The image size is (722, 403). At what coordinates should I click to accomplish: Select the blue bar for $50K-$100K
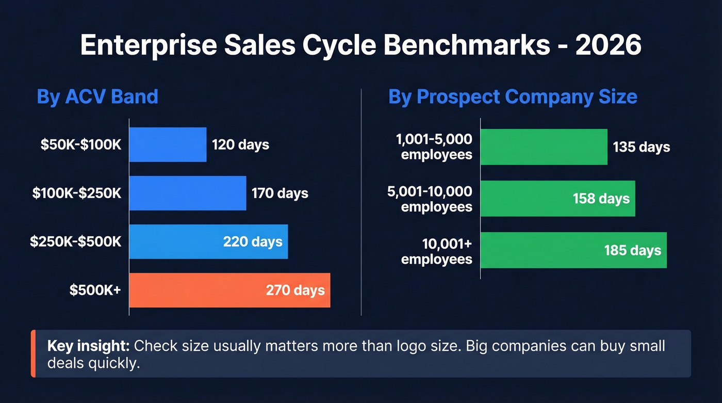tap(168, 144)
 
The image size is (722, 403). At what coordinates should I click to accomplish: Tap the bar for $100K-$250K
tap(187, 193)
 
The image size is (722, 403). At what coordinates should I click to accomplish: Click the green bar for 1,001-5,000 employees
tap(544, 147)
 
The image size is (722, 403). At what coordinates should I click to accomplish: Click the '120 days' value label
tap(240, 144)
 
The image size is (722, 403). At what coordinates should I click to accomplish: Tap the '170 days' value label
tap(280, 194)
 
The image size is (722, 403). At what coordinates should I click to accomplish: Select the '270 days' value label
tap(295, 290)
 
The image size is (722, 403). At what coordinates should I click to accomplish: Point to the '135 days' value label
tap(641, 147)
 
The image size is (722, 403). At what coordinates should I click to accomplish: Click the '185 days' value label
tap(632, 251)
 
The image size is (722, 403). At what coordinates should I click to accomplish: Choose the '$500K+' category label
tap(95, 290)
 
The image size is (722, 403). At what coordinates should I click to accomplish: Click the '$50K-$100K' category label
tap(81, 144)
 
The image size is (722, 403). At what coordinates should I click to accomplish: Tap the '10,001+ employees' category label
tap(437, 251)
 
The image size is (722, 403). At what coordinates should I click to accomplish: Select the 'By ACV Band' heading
tap(97, 97)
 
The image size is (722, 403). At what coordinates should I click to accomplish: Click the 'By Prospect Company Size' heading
tap(513, 97)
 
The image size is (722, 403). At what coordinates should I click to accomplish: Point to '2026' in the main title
tap(608, 46)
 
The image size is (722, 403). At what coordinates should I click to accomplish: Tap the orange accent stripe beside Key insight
tap(33, 353)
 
